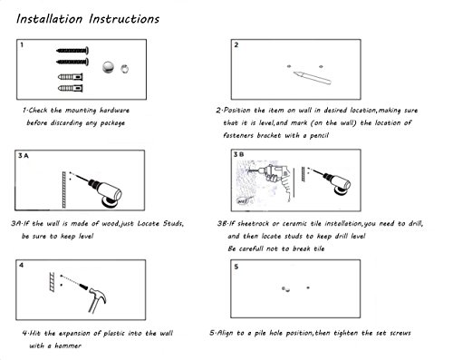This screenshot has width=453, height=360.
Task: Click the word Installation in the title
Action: [50, 19]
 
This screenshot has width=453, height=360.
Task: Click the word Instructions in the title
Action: [124, 19]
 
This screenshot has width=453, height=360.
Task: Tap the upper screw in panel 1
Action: [72, 51]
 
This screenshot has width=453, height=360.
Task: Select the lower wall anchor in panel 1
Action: [71, 88]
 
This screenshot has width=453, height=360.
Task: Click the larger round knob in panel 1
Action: [108, 67]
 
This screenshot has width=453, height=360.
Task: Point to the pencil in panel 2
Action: [312, 77]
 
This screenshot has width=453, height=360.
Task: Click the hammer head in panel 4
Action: [98, 295]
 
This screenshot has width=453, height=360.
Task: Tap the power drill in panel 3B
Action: [275, 180]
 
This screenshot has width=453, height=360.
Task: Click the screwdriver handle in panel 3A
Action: [110, 192]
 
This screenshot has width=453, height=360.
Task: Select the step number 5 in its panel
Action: [236, 267]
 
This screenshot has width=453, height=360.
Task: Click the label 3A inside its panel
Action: [24, 156]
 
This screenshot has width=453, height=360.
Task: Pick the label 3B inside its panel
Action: [238, 155]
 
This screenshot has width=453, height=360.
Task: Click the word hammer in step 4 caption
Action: [68, 345]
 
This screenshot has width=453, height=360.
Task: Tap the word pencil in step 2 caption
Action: [319, 135]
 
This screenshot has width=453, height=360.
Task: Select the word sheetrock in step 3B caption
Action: [253, 224]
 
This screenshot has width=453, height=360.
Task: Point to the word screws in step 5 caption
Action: [400, 333]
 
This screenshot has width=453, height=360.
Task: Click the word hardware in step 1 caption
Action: [114, 111]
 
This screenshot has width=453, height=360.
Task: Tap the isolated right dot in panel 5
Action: [308, 287]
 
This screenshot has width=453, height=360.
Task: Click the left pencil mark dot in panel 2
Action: [289, 66]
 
